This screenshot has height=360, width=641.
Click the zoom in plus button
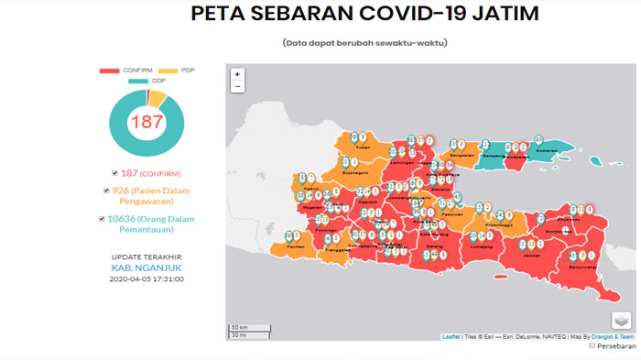[237, 74]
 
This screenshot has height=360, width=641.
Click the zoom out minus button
[237, 87]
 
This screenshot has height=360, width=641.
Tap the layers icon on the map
[622, 321]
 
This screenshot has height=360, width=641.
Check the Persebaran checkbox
[592, 346]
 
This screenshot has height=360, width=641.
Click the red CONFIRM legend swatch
[109, 71]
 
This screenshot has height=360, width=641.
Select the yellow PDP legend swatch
[168, 71]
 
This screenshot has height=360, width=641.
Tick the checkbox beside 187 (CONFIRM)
[114, 173]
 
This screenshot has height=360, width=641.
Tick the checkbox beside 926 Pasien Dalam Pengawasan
[107, 191]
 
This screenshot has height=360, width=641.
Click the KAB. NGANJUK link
[147, 267]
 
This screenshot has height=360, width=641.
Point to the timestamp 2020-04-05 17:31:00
[147, 278]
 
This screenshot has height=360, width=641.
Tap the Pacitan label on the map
[295, 247]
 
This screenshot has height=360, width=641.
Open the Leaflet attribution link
[451, 337]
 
